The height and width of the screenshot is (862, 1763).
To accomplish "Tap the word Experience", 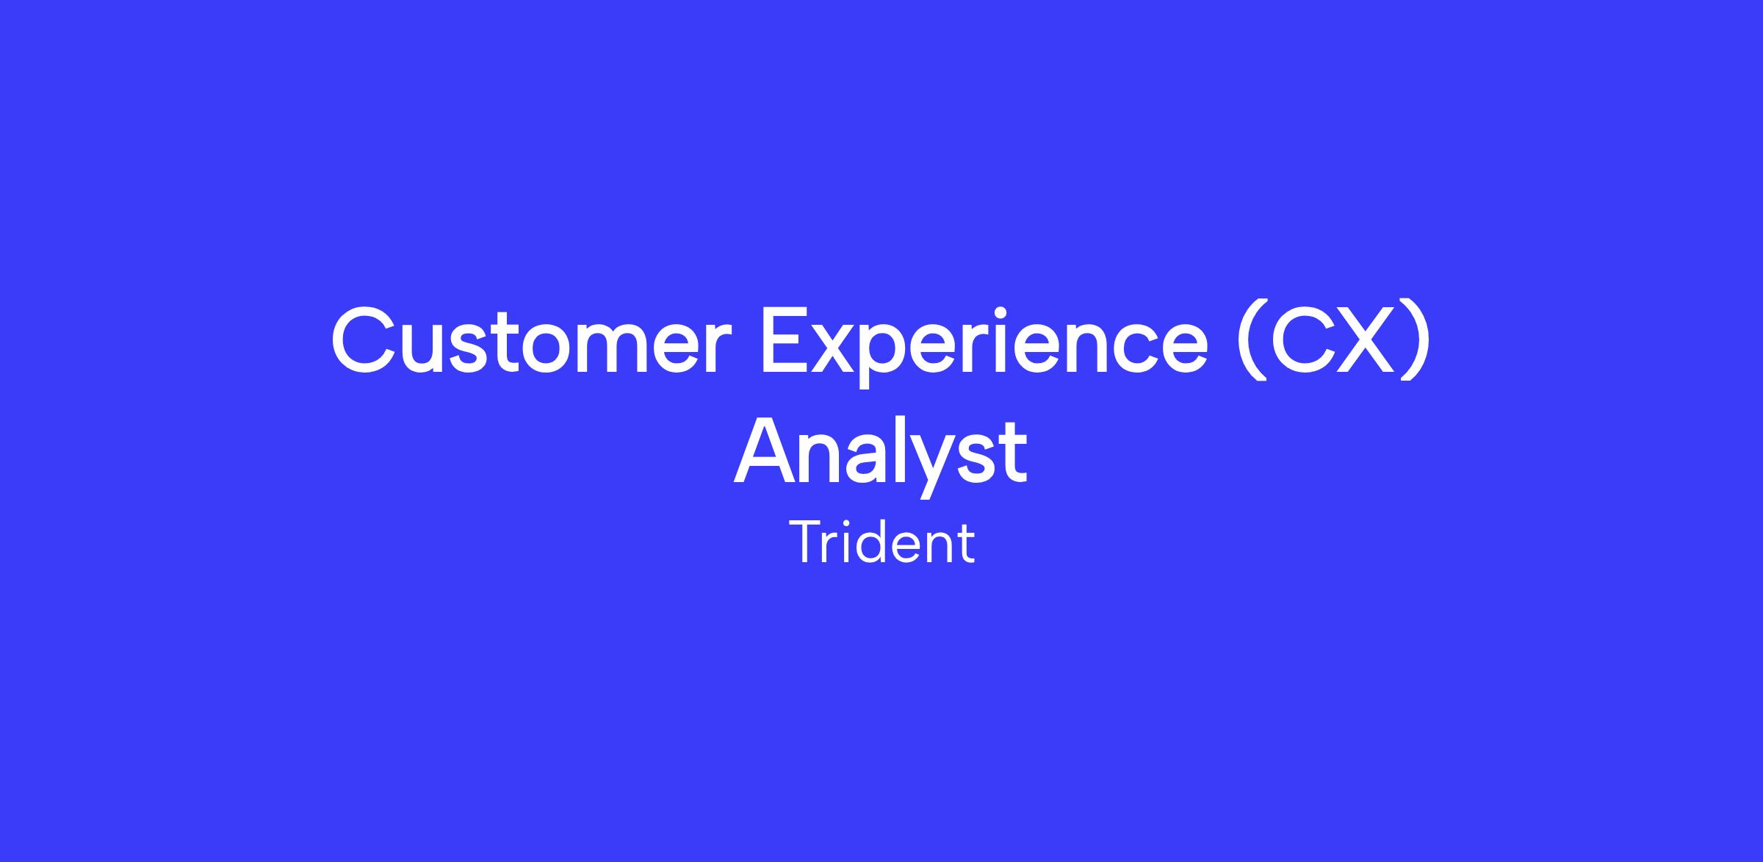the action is (x=984, y=345).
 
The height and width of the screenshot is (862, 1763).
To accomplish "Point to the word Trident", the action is (x=882, y=542).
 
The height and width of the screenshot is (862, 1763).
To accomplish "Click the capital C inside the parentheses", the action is (x=1300, y=340).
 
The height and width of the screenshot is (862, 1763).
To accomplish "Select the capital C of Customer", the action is (x=364, y=340).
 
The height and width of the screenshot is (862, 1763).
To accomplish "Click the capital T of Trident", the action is (x=807, y=542).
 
